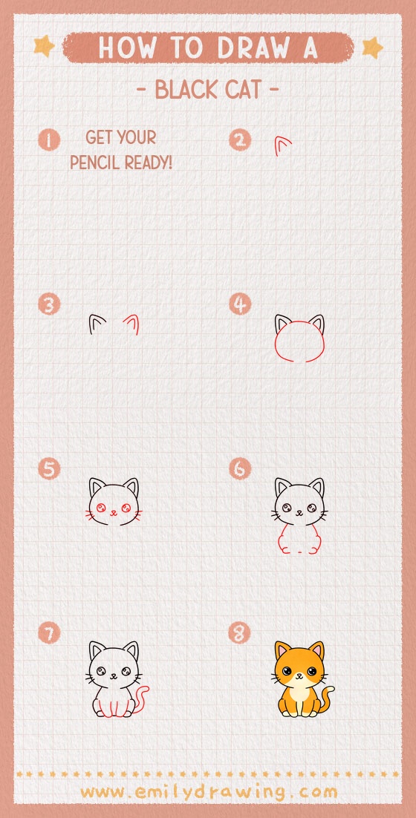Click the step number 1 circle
click(x=49, y=140)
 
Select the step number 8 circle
click(x=240, y=633)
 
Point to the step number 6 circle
click(x=240, y=469)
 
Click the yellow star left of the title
click(x=45, y=47)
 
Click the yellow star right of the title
click(x=371, y=48)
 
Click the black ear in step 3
click(x=97, y=324)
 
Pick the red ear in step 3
click(x=132, y=324)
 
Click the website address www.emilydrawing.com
click(x=209, y=791)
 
